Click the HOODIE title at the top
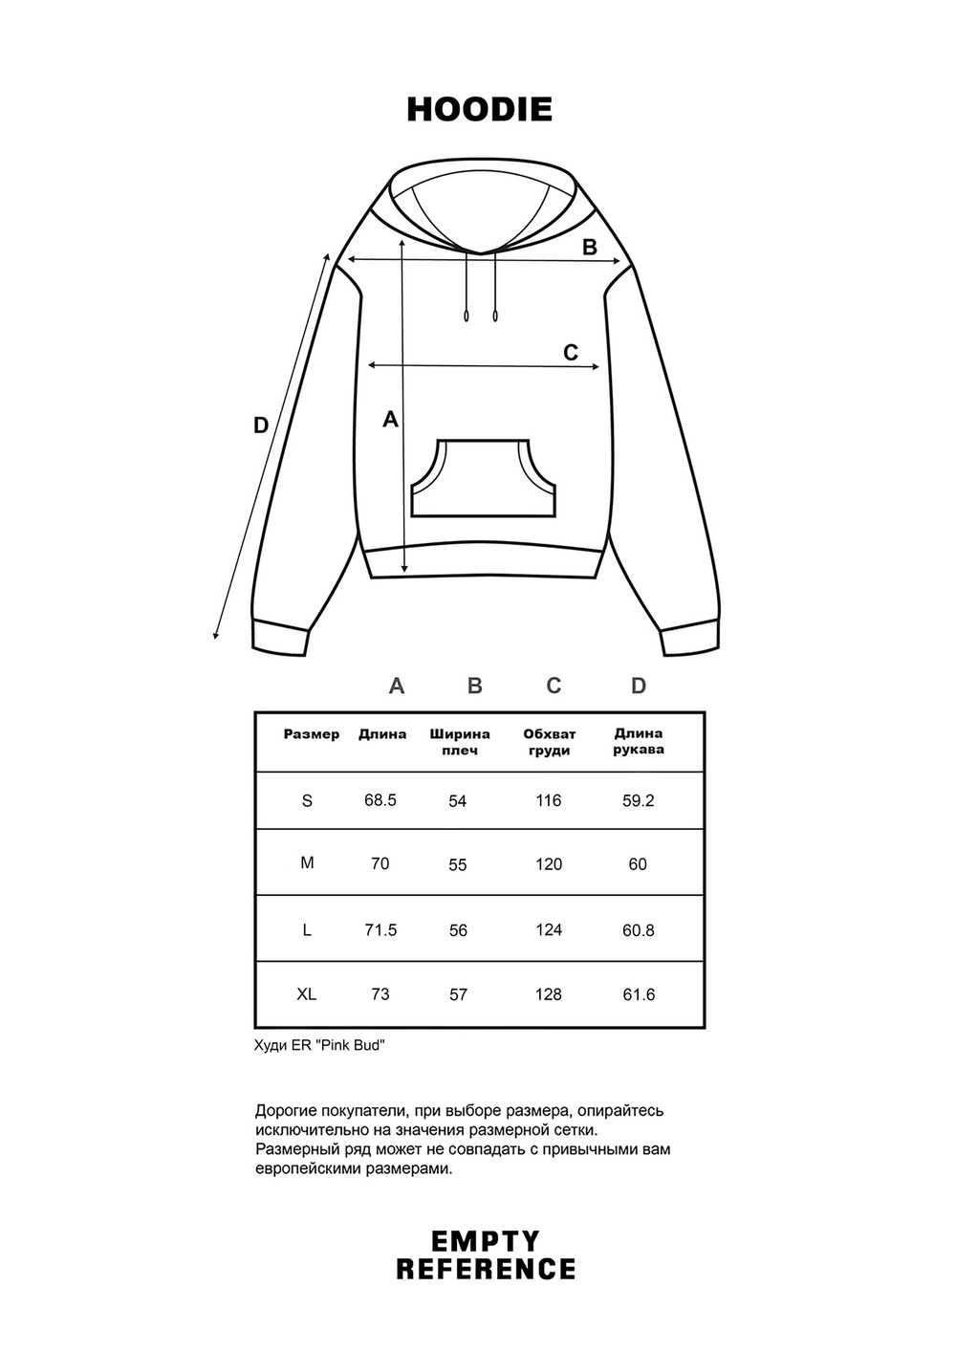click(x=479, y=109)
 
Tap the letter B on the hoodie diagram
click(x=590, y=247)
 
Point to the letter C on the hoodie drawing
click(x=571, y=353)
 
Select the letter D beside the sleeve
click(x=261, y=425)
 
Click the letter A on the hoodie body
click(x=390, y=419)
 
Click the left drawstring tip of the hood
click(x=467, y=316)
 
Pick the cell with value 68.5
click(x=380, y=799)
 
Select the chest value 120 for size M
click(x=549, y=864)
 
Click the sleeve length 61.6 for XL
click(x=639, y=994)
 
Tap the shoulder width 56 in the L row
click(x=458, y=930)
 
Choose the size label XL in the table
click(x=306, y=994)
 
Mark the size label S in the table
click(x=307, y=800)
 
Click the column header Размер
click(x=312, y=734)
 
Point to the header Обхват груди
click(x=549, y=742)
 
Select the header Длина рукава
click(x=639, y=741)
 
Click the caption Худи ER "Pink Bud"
click(x=319, y=1045)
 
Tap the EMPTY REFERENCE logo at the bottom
click(x=486, y=1255)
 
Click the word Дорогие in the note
click(x=287, y=1111)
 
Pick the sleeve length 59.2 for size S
click(x=639, y=800)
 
